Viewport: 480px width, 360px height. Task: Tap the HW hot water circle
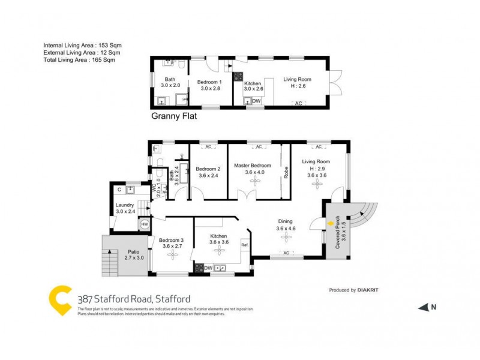(x=145, y=224)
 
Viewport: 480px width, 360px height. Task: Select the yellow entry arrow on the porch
(x=331, y=224)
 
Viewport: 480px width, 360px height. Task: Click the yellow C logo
(x=59, y=300)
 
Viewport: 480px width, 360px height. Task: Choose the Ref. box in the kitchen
(x=244, y=245)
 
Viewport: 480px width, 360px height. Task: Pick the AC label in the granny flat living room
(x=298, y=104)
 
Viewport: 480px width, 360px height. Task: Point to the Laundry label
(x=125, y=205)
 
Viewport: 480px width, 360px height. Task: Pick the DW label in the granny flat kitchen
(x=257, y=101)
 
